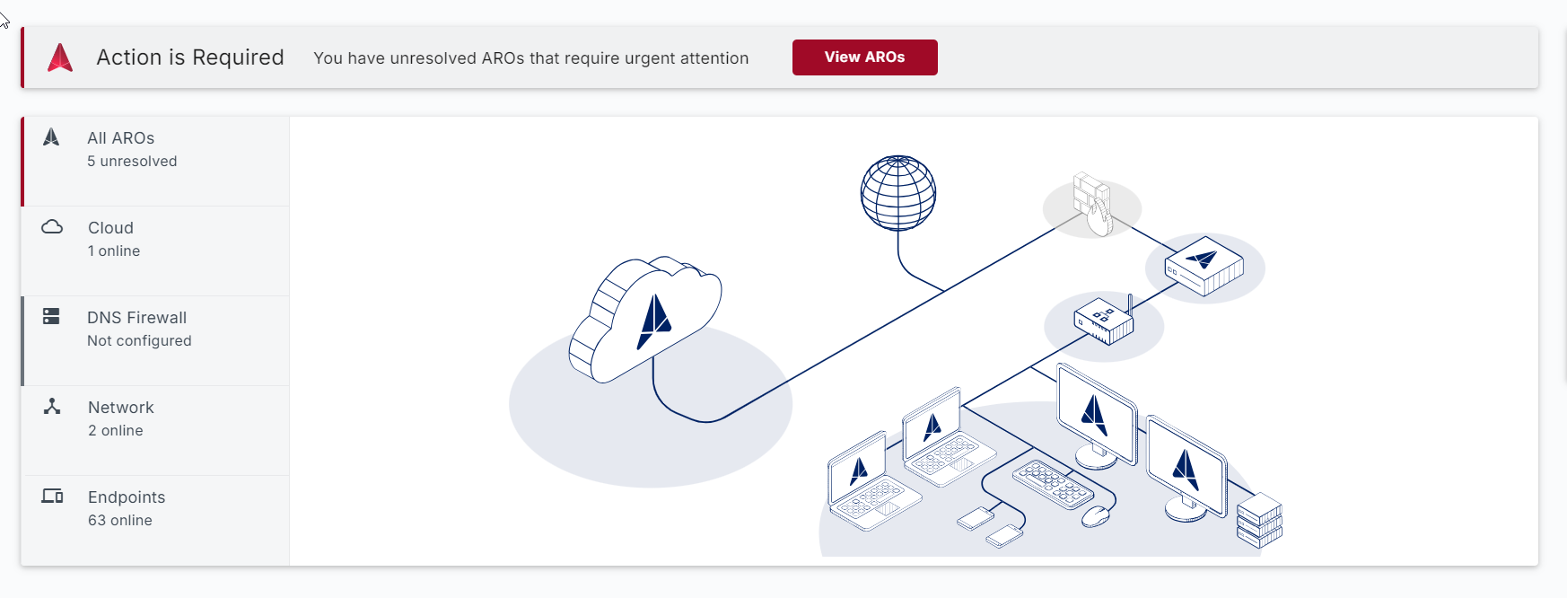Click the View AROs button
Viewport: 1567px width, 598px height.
click(864, 57)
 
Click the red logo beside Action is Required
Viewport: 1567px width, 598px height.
click(60, 57)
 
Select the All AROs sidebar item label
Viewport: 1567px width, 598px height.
click(120, 138)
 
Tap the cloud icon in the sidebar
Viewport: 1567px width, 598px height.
click(52, 227)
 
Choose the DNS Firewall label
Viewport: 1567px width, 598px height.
click(136, 318)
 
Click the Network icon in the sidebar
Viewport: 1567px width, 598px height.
click(52, 407)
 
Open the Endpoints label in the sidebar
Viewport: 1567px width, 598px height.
click(127, 497)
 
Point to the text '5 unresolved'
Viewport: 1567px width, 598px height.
click(132, 162)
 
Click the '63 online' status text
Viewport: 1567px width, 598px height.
click(119, 521)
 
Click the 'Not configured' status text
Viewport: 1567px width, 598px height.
click(139, 341)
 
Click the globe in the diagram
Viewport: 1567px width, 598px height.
click(897, 193)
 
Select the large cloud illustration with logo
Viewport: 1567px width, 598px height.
click(646, 319)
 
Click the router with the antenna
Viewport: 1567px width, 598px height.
click(1105, 321)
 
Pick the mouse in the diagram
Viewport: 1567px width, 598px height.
click(1095, 516)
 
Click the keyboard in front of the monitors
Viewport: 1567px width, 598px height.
click(1053, 485)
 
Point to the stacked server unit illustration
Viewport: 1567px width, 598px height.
click(1259, 521)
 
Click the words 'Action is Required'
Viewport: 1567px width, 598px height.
click(190, 57)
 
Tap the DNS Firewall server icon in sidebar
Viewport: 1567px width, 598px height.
click(51, 316)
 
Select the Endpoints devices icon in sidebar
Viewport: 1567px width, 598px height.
click(52, 496)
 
